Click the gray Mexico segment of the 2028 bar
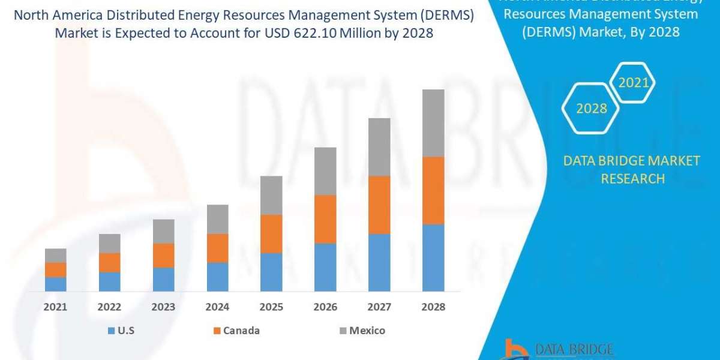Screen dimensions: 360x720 tap(433, 123)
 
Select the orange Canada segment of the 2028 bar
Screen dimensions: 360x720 tap(433, 190)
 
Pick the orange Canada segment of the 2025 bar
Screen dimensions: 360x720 tap(271, 233)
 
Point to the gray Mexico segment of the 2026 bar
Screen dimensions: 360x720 tap(325, 171)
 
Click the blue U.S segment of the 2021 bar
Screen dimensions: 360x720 tap(55, 284)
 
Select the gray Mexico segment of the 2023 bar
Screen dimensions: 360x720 tap(163, 231)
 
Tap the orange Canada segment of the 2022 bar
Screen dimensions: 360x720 tap(109, 262)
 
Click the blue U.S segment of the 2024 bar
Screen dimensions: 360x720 tap(217, 277)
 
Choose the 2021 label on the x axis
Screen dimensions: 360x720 tap(55, 307)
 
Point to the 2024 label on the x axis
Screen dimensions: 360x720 tap(217, 307)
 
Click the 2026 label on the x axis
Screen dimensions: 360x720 tap(325, 307)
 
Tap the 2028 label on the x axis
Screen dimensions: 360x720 tap(433, 307)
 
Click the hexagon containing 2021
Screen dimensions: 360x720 tap(634, 83)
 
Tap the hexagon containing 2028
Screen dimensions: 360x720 tap(591, 109)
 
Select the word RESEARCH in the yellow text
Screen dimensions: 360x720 tap(632, 178)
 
